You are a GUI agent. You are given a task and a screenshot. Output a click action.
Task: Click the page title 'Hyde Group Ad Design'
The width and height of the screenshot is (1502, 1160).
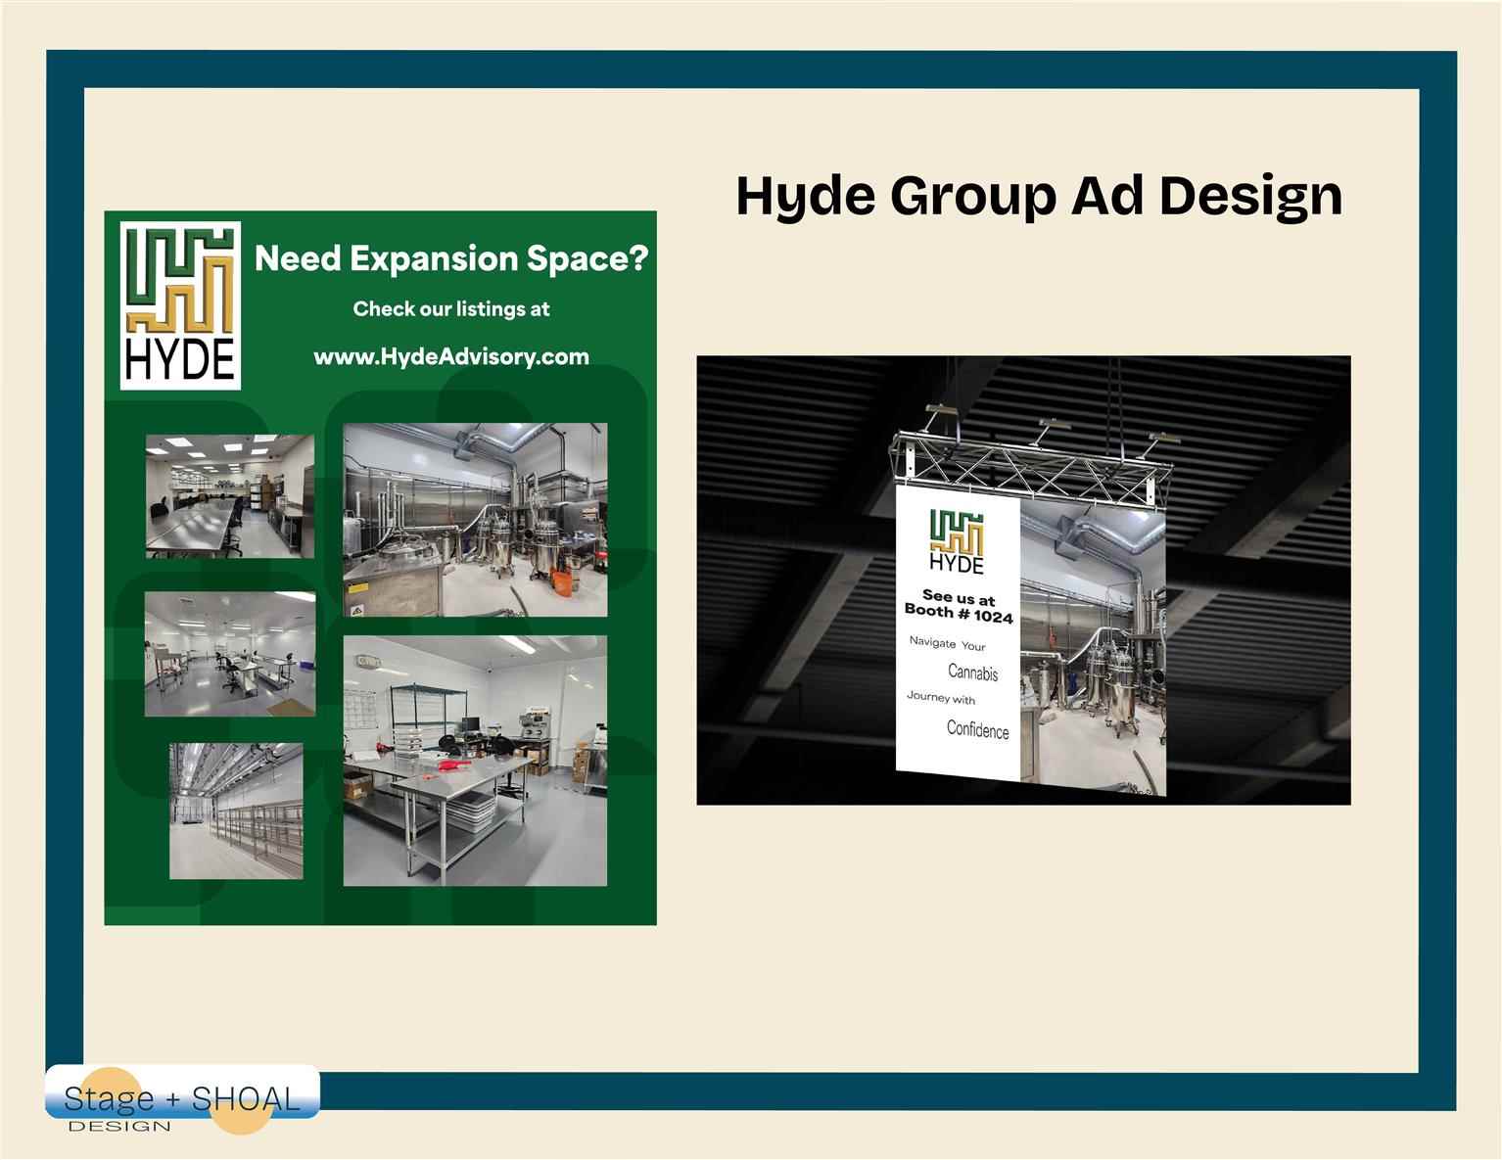[x=1039, y=197]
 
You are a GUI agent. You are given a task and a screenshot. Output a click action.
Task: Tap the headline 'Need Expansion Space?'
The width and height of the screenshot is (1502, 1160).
[x=451, y=258]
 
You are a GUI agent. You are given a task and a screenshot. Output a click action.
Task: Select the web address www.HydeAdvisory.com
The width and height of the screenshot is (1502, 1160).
[x=451, y=357]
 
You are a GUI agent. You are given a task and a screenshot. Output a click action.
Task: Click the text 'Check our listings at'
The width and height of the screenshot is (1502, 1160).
[x=451, y=308]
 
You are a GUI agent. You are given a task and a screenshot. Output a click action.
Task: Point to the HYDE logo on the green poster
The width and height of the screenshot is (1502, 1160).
[x=180, y=305]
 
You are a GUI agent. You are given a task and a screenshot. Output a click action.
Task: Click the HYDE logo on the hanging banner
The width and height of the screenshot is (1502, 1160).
[x=957, y=541]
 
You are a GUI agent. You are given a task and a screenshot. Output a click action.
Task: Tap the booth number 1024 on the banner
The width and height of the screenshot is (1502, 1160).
[x=993, y=617]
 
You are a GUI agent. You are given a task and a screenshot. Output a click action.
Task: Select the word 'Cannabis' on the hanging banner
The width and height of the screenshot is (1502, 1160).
[x=972, y=672]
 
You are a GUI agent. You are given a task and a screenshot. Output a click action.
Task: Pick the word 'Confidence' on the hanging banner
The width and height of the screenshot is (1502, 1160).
[x=977, y=729]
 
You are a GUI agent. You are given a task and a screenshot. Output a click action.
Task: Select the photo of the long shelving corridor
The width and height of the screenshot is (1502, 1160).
[x=236, y=812]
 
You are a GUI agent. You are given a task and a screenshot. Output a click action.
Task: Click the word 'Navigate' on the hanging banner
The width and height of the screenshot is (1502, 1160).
[x=932, y=642]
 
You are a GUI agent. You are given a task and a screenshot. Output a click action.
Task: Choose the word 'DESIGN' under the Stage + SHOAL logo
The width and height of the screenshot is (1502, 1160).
[x=119, y=1127]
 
